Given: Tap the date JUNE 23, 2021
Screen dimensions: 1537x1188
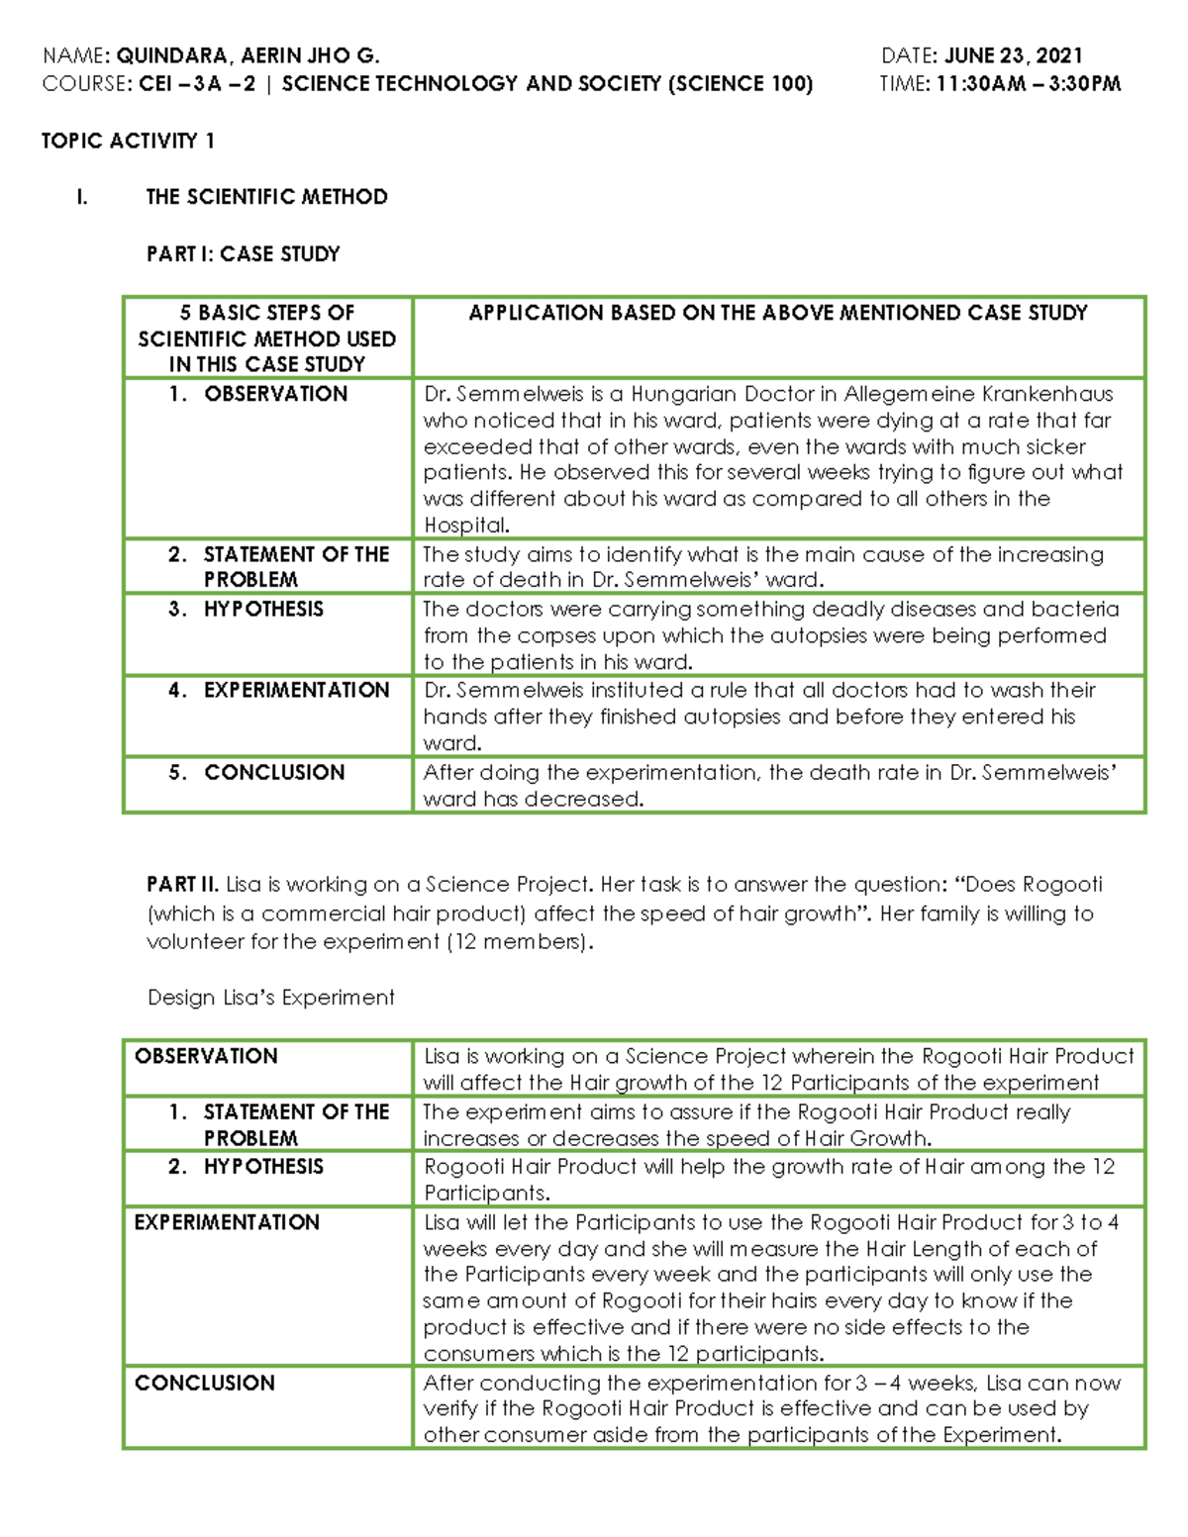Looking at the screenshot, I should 1013,56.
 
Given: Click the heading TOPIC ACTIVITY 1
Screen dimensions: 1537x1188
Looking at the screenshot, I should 128,141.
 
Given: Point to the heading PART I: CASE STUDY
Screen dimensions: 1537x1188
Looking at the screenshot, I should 243,254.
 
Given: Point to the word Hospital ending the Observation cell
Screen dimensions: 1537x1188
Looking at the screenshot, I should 465,526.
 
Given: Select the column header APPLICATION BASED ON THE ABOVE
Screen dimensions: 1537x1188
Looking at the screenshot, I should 777,313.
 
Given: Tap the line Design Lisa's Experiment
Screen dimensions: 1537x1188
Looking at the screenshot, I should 270,998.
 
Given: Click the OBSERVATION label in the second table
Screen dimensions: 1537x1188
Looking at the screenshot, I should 206,1056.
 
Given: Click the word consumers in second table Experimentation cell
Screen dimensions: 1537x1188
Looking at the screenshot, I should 470,1354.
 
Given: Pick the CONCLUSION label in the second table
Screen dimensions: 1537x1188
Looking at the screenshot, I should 204,1383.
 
